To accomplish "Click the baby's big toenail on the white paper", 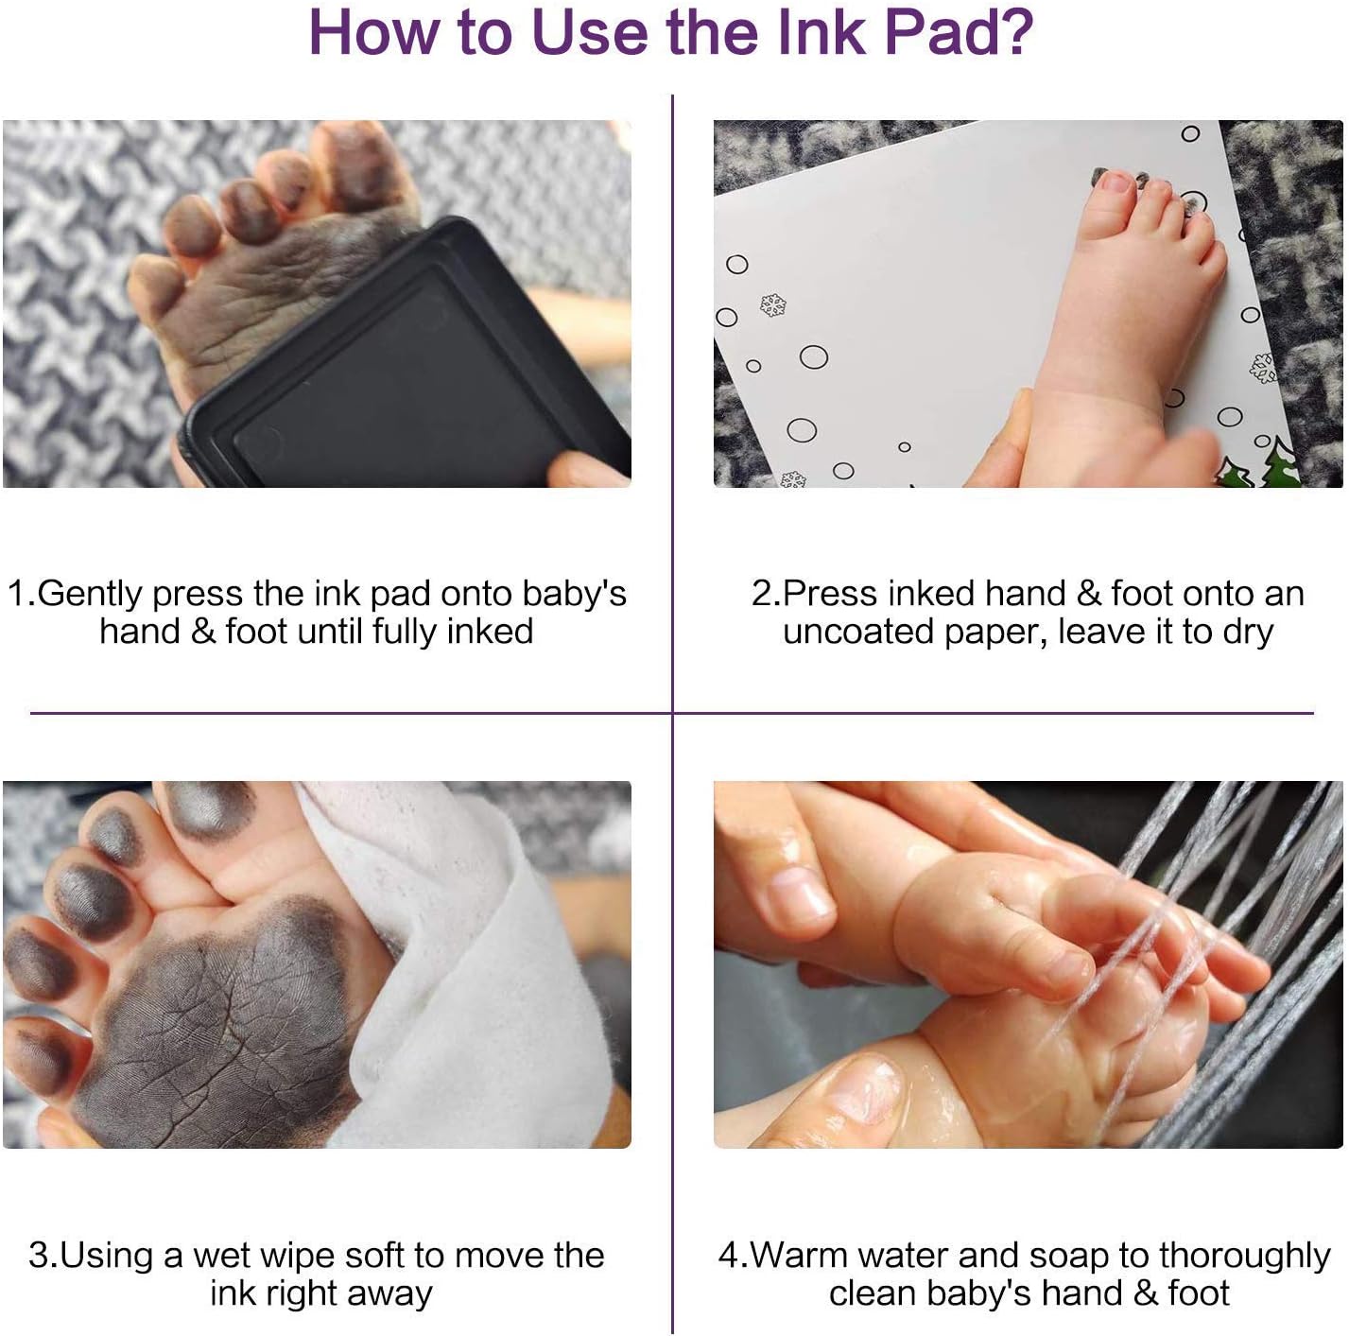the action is point(1115,183).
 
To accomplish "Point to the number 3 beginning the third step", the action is point(39,1256).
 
